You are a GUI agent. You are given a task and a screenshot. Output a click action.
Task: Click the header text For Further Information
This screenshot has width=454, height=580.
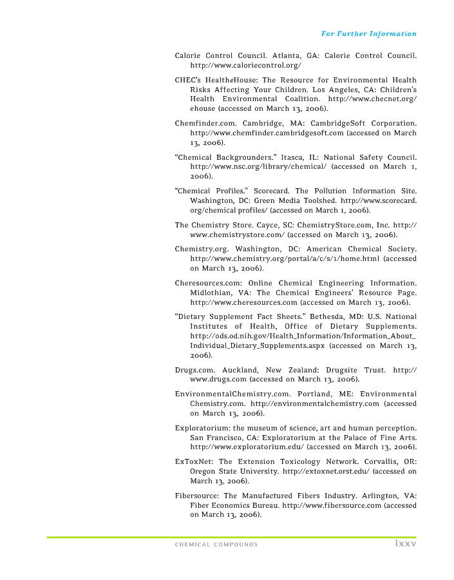[x=368, y=34]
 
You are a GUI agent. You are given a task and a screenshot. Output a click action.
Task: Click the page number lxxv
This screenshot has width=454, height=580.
[x=405, y=545]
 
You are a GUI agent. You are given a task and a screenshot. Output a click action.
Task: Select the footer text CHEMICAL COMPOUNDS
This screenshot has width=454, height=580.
[x=216, y=545]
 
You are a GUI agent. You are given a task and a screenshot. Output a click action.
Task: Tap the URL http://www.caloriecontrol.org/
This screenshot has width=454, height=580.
[x=245, y=66]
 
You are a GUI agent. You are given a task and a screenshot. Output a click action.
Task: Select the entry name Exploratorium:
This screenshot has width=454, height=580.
[x=202, y=428]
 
